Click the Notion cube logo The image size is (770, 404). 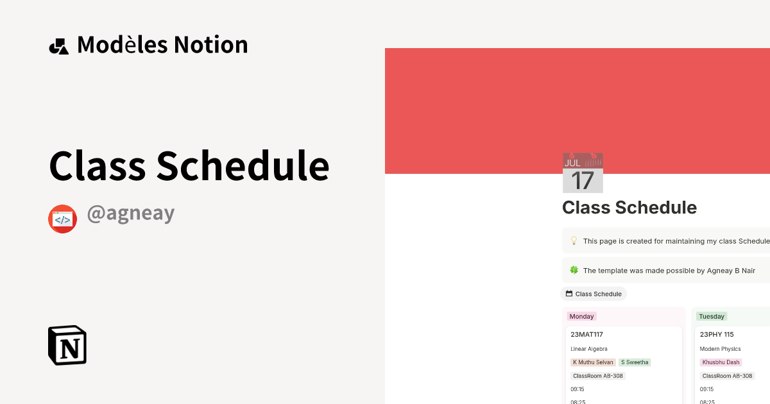[x=67, y=345]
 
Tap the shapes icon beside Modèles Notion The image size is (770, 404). [x=59, y=46]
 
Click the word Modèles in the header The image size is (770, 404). [x=123, y=45]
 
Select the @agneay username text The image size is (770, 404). [x=131, y=214]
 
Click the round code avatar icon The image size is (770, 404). [x=63, y=219]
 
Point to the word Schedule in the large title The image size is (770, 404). [x=243, y=165]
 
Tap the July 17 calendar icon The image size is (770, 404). [x=583, y=173]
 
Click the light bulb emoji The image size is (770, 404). [x=574, y=241]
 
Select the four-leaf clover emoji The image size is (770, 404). [x=574, y=271]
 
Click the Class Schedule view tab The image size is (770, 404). [x=594, y=294]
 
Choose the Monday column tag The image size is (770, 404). [x=581, y=316]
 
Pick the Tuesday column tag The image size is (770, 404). [x=711, y=316]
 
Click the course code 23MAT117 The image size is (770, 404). [x=586, y=334]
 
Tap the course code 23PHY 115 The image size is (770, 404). [x=717, y=334]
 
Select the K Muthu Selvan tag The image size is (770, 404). [x=593, y=362]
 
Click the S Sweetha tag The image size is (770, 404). [x=635, y=362]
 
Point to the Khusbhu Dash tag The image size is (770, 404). [x=721, y=362]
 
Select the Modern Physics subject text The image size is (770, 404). [x=720, y=349]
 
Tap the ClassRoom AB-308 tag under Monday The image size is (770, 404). [x=597, y=376]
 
